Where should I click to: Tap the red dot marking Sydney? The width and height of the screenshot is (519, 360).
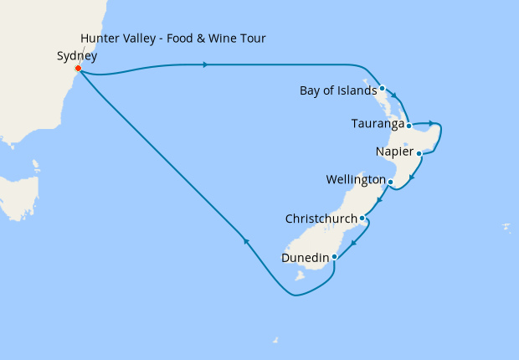pos(78,69)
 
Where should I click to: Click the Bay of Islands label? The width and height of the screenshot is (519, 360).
pos(337,90)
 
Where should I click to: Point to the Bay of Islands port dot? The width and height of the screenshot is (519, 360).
pos(382,88)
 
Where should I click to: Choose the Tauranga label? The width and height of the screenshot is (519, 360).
pos(378,125)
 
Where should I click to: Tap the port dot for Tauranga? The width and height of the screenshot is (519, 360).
pos(408,126)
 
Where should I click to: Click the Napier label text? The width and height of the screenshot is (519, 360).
pos(395,152)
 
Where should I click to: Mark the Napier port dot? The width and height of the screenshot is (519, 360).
pos(419,153)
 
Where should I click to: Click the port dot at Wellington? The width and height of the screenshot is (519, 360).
pos(390,181)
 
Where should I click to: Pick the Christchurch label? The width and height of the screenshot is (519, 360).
pos(321,219)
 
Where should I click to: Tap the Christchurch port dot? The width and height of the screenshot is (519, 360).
pos(362,219)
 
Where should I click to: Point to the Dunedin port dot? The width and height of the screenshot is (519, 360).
pos(334,256)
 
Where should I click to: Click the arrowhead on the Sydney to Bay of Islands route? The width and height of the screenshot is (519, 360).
pos(206,64)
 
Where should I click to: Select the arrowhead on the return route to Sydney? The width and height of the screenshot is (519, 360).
pos(246,241)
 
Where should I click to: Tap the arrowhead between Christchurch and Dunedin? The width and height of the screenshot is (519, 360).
pos(354,244)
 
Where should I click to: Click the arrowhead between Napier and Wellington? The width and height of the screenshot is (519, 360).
pos(411,177)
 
